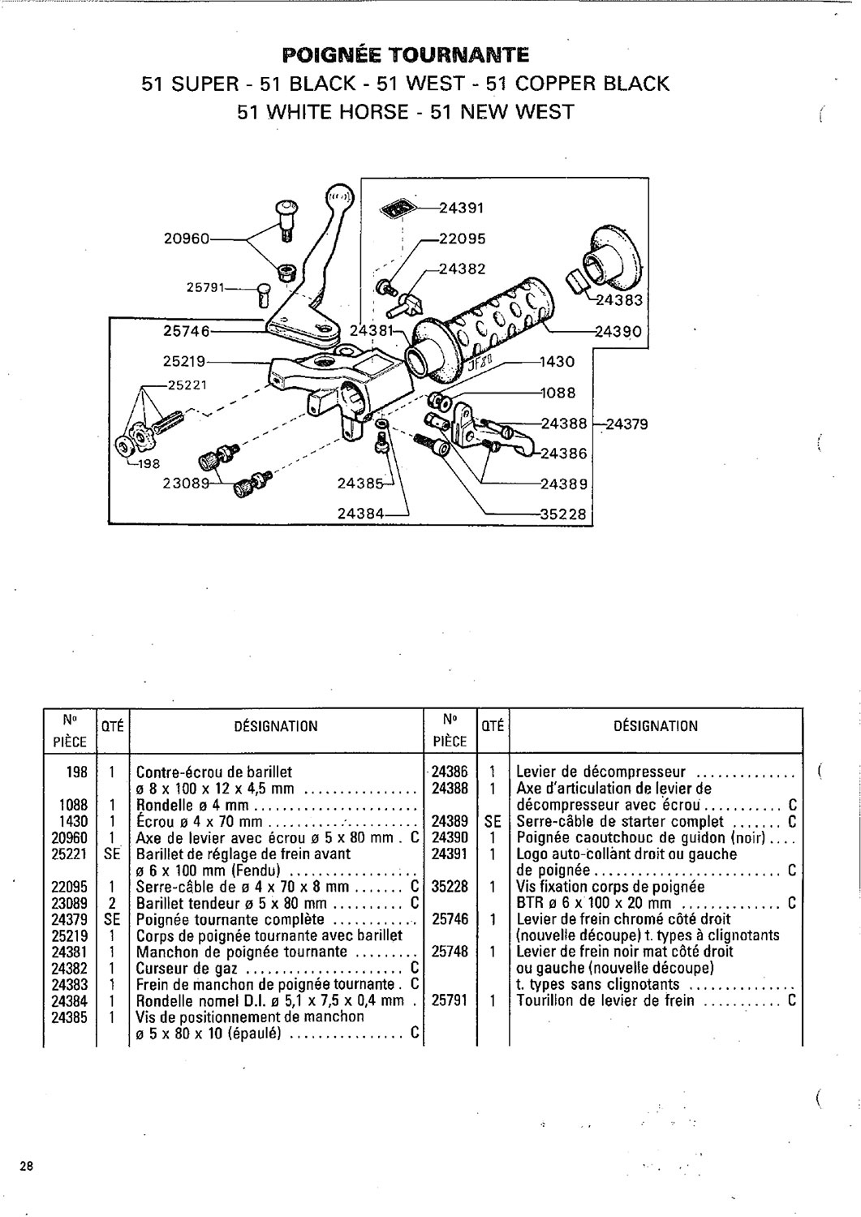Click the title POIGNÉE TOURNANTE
pos(405,55)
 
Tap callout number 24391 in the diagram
pos(461,208)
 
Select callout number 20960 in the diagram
pos(187,239)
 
